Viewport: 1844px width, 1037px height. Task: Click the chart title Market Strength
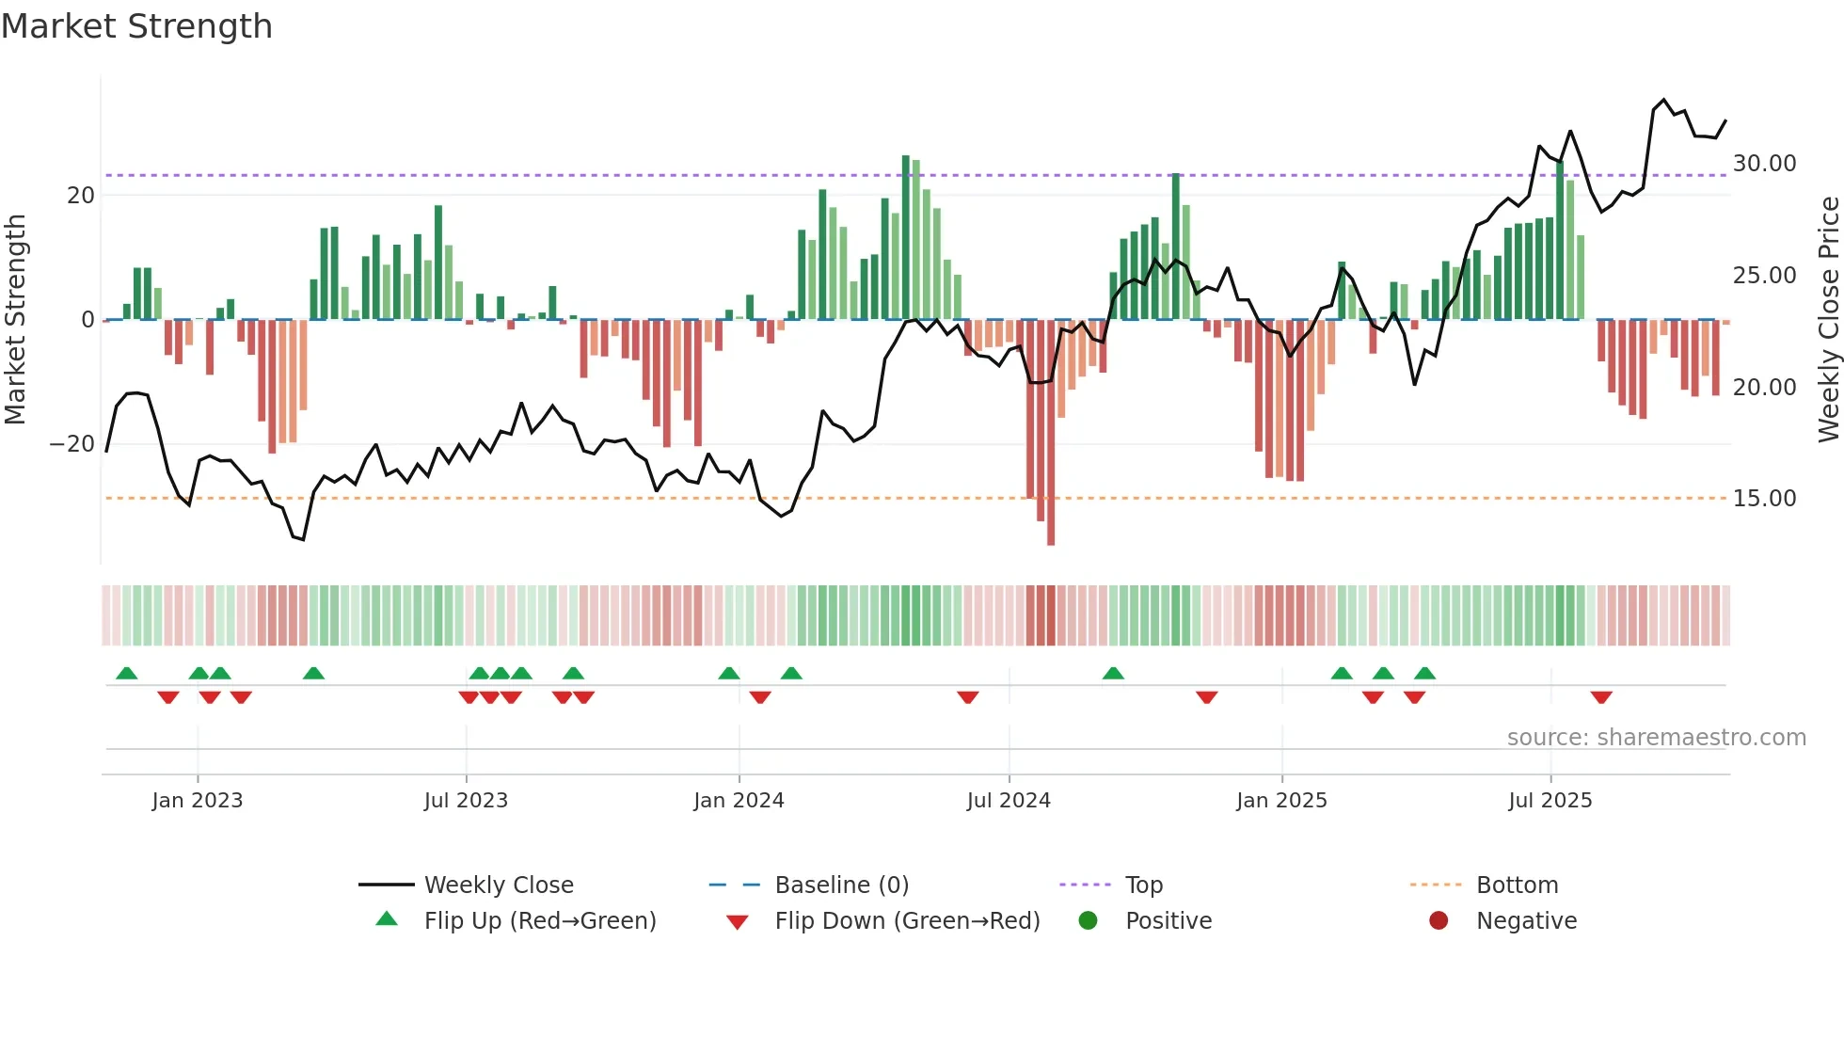pos(136,26)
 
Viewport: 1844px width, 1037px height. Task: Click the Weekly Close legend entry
pos(498,885)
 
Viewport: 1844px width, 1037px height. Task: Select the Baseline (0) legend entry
pos(841,885)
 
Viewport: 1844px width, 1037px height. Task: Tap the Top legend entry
pos(1143,885)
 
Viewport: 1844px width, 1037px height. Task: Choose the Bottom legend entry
pos(1517,885)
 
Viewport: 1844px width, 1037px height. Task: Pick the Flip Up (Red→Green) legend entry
pos(539,920)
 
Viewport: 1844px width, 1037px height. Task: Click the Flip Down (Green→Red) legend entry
pos(907,920)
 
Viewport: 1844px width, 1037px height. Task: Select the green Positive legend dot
pos(1088,920)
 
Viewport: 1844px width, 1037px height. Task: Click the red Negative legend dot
pos(1439,920)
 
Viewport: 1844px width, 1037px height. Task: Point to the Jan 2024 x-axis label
pos(739,801)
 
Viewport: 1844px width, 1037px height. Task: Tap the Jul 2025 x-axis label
pos(1550,801)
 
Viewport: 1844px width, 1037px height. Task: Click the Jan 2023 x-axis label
pos(198,801)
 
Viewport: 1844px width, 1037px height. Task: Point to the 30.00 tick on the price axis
pos(1764,164)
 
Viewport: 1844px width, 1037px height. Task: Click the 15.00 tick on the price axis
pos(1764,499)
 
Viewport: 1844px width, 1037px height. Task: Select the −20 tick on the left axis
pos(72,444)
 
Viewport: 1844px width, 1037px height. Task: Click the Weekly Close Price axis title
pos(1828,320)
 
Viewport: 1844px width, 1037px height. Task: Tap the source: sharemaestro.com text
pos(1656,738)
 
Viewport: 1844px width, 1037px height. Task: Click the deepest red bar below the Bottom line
pos(1051,527)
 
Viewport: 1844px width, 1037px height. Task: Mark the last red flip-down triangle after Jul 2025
pos(1601,697)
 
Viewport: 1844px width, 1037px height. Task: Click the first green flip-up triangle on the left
pos(126,673)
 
